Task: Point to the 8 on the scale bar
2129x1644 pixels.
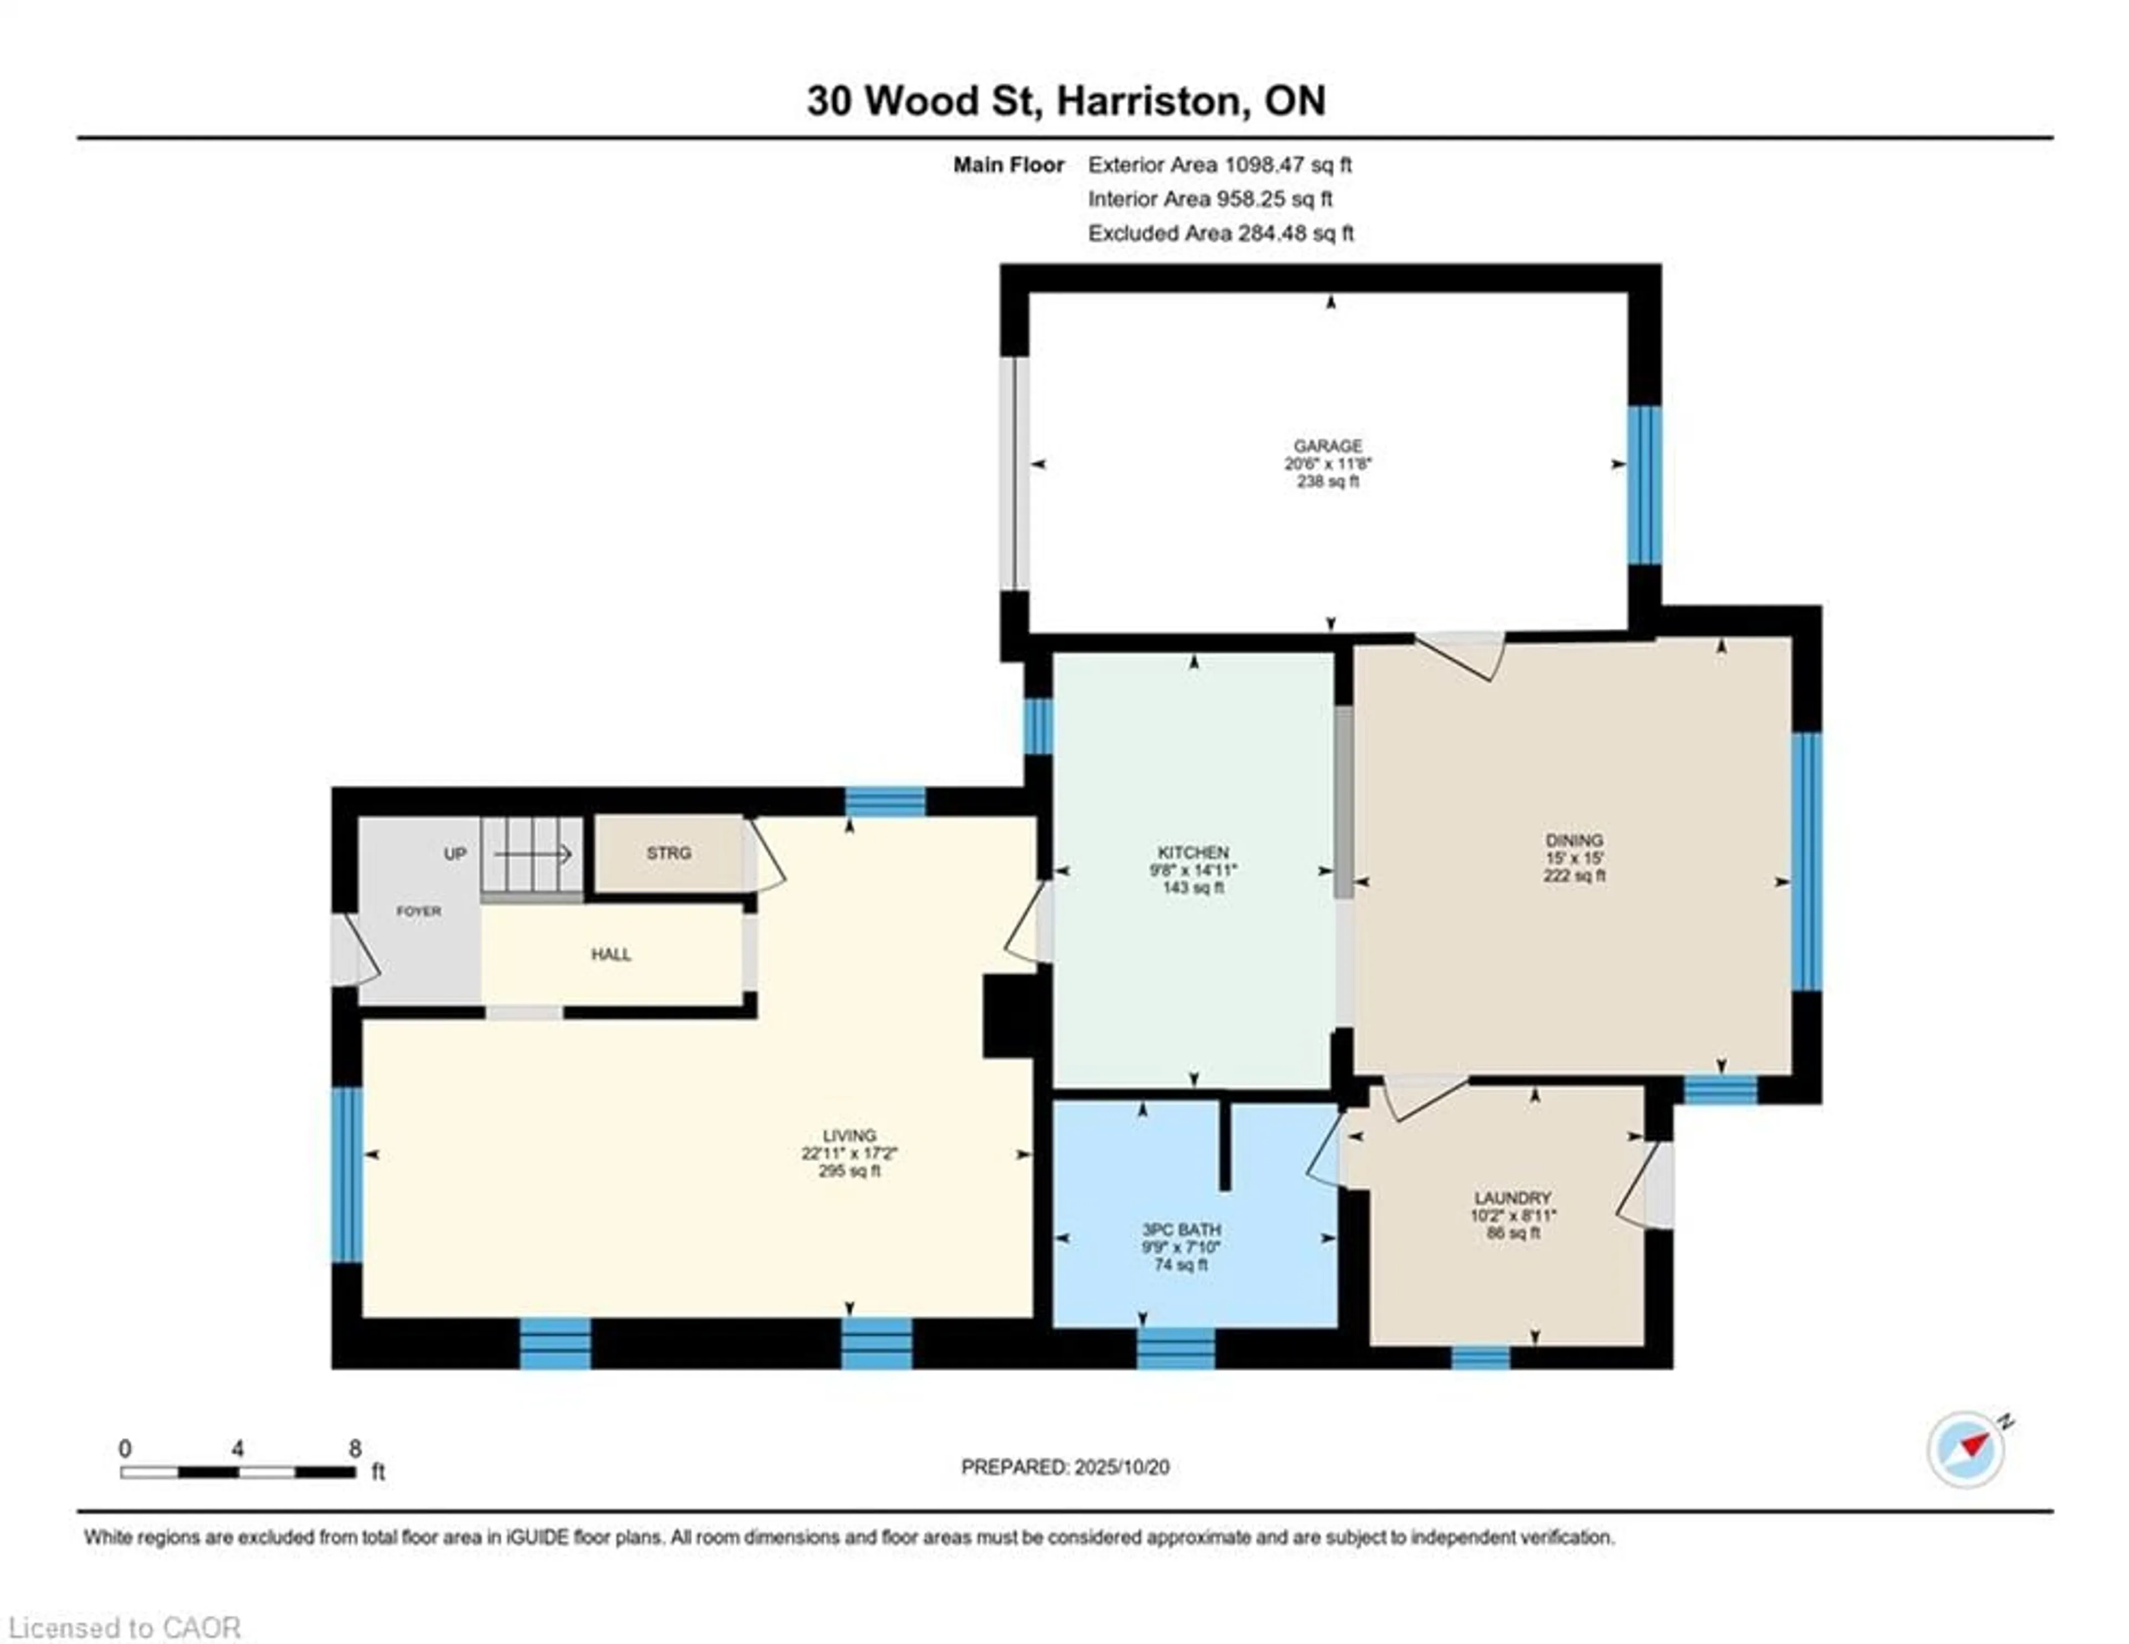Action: click(x=355, y=1448)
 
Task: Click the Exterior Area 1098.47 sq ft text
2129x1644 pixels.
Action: click(x=1220, y=165)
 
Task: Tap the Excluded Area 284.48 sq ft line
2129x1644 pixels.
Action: click(x=1220, y=233)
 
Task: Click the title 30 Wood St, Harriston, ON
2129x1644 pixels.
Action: click(x=1066, y=100)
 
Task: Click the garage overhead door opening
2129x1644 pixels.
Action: click(x=1015, y=473)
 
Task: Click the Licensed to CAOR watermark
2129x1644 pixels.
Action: click(x=124, y=1627)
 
